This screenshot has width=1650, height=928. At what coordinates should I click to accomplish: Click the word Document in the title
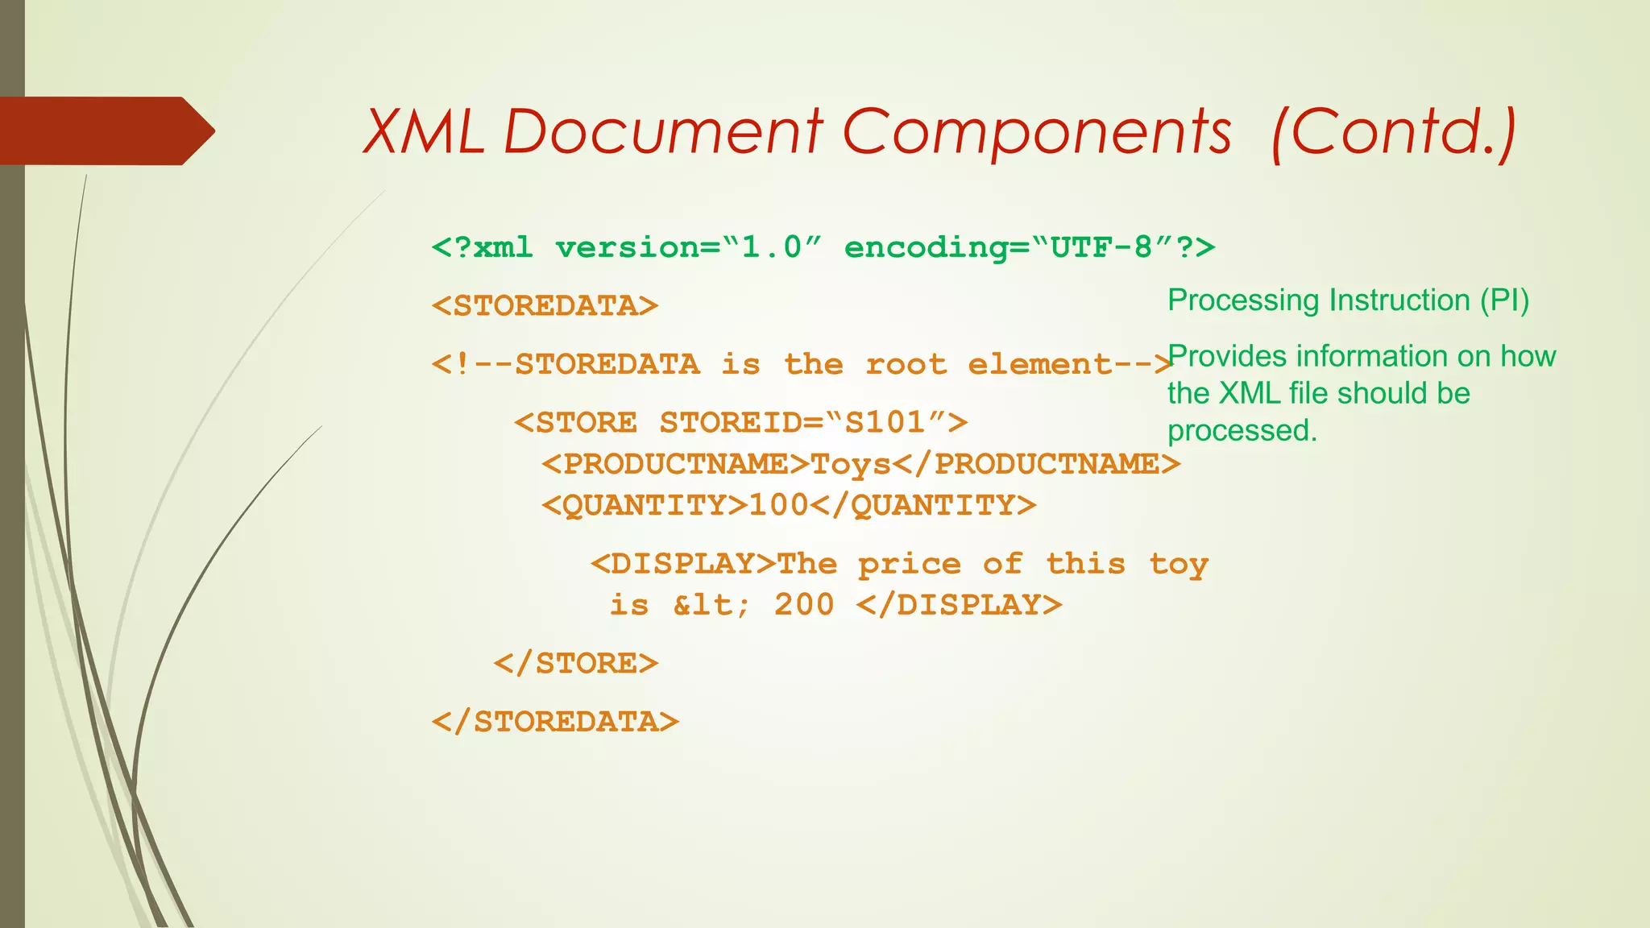[x=662, y=131]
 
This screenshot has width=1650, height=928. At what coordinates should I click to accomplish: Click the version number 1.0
[x=772, y=247]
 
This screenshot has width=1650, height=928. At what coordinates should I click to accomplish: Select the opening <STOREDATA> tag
[x=545, y=306]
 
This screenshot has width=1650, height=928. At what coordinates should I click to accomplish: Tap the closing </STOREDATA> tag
[x=555, y=722]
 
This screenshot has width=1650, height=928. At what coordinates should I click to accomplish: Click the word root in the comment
[x=906, y=364]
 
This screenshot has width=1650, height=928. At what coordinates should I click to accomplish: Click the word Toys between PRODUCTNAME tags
[x=851, y=465]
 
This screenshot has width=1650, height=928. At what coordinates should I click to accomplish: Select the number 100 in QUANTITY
[x=778, y=505]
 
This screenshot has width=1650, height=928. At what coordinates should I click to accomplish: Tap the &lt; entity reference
[x=711, y=604]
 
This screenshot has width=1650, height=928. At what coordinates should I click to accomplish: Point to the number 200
[x=804, y=604]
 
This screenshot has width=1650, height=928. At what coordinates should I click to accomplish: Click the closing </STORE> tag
[x=576, y=664]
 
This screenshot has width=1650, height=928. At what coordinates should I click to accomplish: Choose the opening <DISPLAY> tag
[x=683, y=563]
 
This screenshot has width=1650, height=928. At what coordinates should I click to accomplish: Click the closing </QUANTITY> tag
[x=923, y=505]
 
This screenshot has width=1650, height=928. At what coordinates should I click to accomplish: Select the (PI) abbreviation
[x=1503, y=300]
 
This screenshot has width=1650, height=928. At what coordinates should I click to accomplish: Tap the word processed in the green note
[x=1242, y=431]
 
